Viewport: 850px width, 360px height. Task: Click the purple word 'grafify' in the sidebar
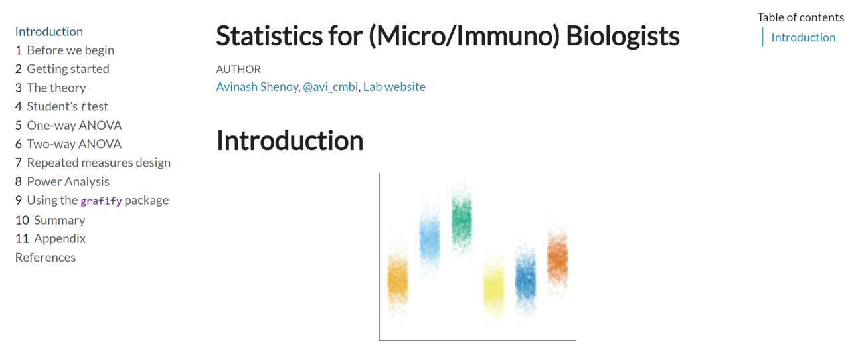pyautogui.click(x=101, y=201)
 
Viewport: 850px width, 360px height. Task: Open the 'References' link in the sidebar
pyautogui.click(x=46, y=258)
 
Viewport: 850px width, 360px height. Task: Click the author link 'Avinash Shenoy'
pyautogui.click(x=257, y=87)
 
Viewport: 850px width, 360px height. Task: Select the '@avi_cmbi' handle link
pyautogui.click(x=330, y=87)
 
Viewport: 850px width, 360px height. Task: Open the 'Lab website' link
pyautogui.click(x=394, y=87)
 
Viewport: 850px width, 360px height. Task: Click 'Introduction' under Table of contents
pyautogui.click(x=804, y=37)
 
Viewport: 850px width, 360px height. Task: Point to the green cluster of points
pyautogui.click(x=462, y=219)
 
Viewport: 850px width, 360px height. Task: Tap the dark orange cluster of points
pyautogui.click(x=557, y=258)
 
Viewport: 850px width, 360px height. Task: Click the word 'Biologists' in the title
pyautogui.click(x=623, y=36)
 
